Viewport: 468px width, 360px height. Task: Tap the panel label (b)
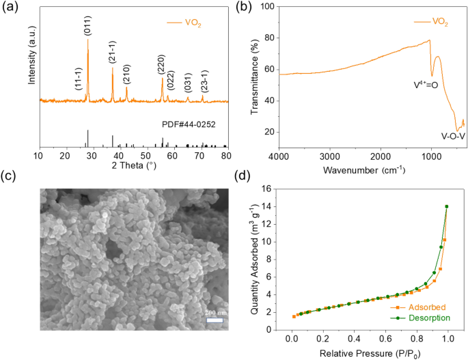click(245, 8)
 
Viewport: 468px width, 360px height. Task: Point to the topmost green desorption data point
click(447, 206)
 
